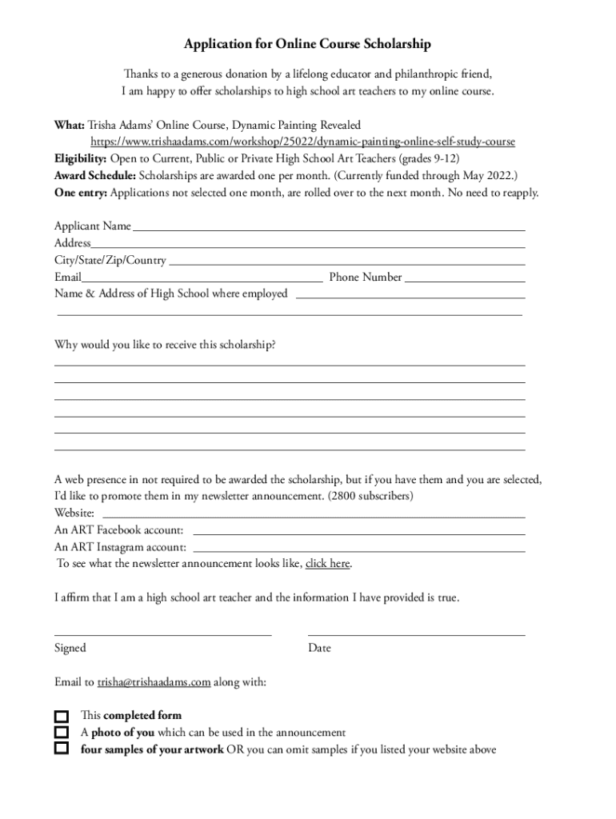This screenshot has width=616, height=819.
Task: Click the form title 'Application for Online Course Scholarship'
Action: tap(307, 44)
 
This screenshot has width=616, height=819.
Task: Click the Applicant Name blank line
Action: tap(329, 229)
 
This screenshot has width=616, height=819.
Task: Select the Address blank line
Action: tap(308, 246)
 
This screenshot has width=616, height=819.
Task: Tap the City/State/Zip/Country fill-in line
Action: tap(347, 263)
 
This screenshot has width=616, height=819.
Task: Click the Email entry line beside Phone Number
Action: tap(202, 281)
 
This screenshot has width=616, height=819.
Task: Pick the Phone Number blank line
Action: tap(465, 281)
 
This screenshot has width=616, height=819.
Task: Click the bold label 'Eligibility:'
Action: tap(81, 158)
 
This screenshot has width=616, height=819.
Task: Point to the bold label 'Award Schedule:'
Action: tap(95, 175)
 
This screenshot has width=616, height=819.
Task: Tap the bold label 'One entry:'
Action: tap(81, 193)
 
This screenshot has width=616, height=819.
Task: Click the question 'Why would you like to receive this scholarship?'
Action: tap(166, 345)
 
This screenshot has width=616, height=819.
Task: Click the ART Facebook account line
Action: tap(359, 533)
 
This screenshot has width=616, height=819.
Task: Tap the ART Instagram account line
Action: tap(359, 551)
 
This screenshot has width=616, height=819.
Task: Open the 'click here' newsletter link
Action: tap(327, 564)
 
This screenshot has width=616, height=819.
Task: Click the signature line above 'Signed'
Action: tap(163, 634)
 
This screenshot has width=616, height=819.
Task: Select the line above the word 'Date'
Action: tap(416, 634)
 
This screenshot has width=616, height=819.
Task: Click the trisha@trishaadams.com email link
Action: tap(154, 682)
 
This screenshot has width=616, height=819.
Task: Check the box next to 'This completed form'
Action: tap(62, 716)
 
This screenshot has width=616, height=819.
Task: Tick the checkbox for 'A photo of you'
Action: tap(62, 733)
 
